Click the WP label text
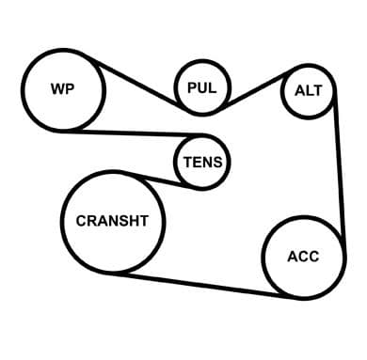coord(63,88)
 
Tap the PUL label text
coord(202,87)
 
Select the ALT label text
coord(309,90)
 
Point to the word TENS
coord(203,163)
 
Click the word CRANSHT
coord(112,221)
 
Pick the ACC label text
coord(303,257)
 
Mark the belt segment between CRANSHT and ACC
coord(204,285)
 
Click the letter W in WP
coord(58,88)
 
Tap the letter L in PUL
coord(213,87)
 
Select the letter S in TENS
coord(217,163)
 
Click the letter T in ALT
coord(317,90)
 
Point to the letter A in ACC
coord(293,257)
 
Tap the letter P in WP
coord(71,88)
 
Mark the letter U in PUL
coord(202,87)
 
